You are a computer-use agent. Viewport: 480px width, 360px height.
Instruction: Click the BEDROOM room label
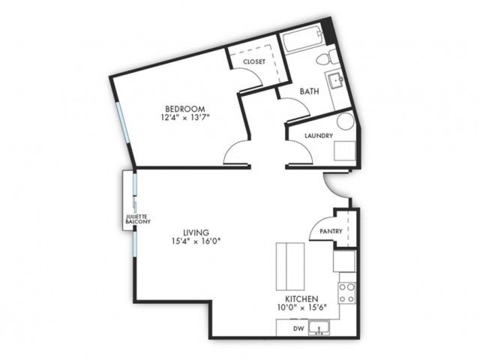tap(185, 109)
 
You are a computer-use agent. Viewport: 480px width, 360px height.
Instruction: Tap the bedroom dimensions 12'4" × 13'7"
tap(185, 117)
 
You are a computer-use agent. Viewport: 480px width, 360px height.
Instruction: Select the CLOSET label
tap(254, 61)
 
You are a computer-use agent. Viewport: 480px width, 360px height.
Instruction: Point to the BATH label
tap(309, 91)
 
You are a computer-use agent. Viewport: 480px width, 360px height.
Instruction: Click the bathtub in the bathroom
tap(302, 40)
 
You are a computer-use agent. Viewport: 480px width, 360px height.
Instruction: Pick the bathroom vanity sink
tap(336, 80)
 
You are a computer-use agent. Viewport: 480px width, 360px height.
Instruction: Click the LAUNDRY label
tap(319, 136)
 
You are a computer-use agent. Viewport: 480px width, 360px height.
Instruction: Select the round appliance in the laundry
tap(346, 121)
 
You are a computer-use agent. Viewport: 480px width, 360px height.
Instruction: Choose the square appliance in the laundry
tap(345, 151)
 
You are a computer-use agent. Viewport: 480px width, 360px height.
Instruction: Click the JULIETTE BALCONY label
tap(138, 219)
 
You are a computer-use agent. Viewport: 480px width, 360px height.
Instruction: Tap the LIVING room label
tap(196, 232)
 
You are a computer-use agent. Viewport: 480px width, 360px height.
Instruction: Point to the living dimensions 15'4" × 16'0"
tap(196, 241)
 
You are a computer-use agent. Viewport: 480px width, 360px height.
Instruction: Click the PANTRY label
tap(331, 232)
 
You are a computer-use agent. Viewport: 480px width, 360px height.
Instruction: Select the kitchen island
tap(290, 266)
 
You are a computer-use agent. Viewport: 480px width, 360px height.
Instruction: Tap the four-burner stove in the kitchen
tap(347, 293)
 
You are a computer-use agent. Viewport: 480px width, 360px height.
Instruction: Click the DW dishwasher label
tap(298, 328)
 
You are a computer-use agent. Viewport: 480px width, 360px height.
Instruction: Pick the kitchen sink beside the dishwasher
tap(319, 327)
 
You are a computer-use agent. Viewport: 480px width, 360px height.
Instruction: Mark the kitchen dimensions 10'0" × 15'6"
tap(301, 303)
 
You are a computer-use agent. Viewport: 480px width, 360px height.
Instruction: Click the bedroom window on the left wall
tap(123, 122)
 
